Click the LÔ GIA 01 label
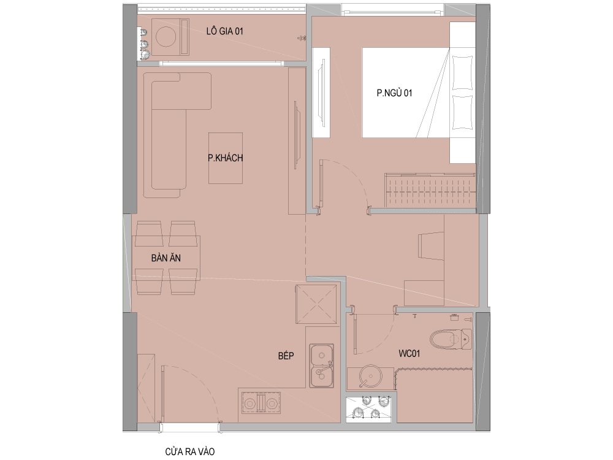point(225,31)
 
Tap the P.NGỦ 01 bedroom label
point(394,93)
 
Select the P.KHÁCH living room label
point(225,158)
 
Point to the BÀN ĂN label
point(166,258)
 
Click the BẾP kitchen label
point(286,356)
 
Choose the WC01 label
point(409,354)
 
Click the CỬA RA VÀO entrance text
point(190,452)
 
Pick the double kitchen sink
point(322,366)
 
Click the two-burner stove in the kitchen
point(259,402)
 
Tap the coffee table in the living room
point(225,158)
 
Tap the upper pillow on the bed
point(462,73)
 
